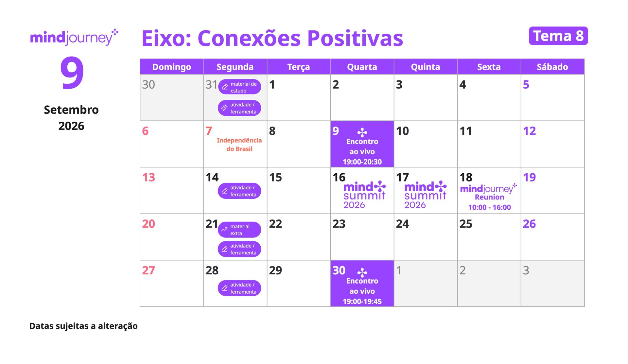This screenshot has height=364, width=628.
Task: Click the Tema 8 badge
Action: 558,36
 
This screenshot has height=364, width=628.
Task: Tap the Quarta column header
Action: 362,67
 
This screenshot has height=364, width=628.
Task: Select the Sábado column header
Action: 552,67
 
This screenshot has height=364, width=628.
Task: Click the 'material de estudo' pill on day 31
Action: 240,87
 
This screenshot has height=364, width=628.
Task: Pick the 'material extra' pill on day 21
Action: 239,230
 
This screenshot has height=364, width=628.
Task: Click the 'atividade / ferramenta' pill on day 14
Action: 239,191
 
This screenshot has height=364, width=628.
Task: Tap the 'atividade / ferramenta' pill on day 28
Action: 239,288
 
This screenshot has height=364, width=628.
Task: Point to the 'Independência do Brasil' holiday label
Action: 239,145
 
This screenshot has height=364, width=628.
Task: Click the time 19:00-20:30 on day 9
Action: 362,162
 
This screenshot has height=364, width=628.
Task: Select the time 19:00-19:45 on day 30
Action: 362,302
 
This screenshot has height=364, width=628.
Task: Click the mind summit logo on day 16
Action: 364,195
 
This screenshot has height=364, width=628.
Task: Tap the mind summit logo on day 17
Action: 425,195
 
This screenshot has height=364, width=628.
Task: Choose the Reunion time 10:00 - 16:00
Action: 489,207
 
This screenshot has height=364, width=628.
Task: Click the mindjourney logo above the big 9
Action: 74,37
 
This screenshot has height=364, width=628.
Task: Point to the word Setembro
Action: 71,110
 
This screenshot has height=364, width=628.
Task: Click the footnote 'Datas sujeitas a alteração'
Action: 83,326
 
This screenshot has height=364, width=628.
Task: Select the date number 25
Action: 466,224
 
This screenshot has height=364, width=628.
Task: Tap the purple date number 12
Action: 529,131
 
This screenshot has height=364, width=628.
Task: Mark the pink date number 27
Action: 148,270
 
